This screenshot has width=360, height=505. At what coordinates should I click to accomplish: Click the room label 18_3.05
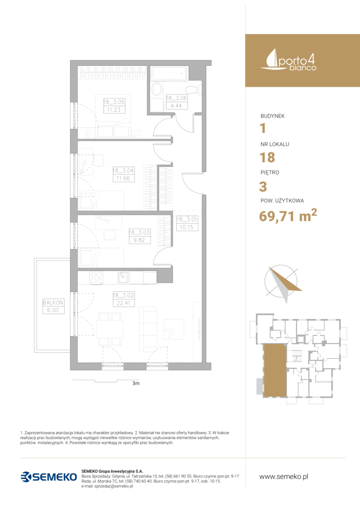[114, 102]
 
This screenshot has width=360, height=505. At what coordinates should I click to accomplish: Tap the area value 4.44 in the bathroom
[176, 106]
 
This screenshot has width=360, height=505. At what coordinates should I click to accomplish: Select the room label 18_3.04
[123, 170]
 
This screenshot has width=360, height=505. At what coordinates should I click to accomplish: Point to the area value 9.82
[139, 240]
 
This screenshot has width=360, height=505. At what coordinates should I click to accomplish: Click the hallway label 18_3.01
[187, 219]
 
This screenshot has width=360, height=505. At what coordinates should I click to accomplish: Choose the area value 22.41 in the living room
[123, 303]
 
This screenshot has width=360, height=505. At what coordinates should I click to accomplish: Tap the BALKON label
[53, 303]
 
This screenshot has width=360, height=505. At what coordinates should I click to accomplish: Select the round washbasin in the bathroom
[157, 89]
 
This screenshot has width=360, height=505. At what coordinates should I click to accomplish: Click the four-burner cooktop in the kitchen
[96, 278]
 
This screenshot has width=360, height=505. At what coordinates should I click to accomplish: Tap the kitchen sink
[123, 277]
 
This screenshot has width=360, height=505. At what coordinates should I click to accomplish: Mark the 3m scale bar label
[136, 383]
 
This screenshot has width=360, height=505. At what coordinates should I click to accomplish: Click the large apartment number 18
[267, 158]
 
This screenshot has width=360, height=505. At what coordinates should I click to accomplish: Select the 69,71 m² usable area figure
[288, 215]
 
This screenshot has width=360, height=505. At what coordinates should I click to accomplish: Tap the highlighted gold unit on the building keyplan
[275, 370]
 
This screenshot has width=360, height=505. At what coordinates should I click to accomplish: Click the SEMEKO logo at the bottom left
[49, 476]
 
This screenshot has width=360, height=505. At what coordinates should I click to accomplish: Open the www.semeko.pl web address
[284, 476]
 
